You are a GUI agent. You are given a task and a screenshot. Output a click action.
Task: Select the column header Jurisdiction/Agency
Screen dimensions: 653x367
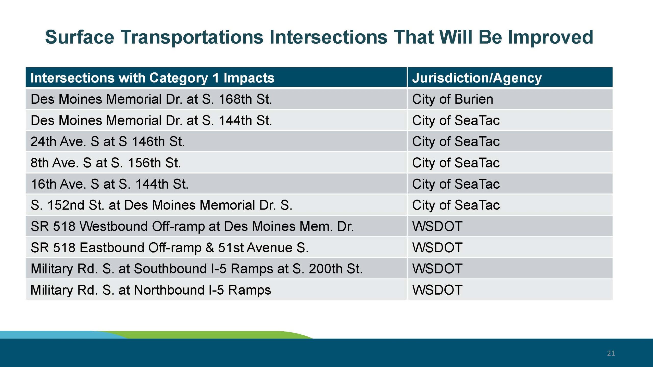pos(477,78)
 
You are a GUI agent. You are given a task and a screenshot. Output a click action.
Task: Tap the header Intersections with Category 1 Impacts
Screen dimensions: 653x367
pos(152,78)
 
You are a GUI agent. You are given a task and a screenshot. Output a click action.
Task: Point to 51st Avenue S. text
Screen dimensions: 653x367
pos(263,247)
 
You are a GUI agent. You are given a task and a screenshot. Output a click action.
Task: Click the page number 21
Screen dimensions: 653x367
pos(611,353)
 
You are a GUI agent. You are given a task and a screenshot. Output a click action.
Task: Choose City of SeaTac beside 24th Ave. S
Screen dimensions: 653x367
pos(456,142)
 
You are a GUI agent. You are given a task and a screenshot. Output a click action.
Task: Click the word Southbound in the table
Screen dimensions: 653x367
pos(170,269)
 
